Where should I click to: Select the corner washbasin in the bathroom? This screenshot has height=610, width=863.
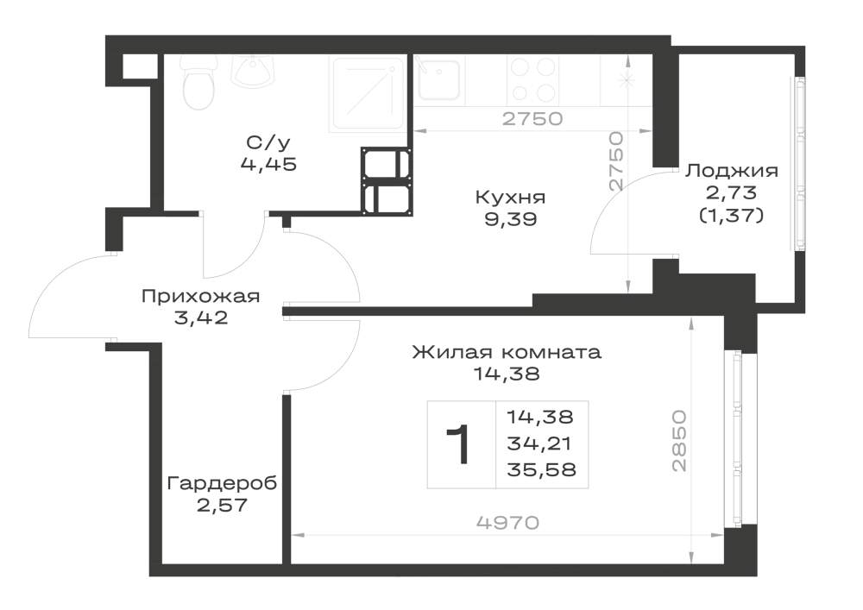click(253, 71)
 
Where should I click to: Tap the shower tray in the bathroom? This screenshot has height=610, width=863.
click(368, 93)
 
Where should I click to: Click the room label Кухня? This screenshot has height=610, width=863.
click(510, 197)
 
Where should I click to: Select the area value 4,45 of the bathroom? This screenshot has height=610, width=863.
click(268, 164)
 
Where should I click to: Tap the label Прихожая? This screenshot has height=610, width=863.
click(200, 297)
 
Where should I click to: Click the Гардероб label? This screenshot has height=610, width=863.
click(223, 483)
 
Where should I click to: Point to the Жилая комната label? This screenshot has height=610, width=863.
click(507, 351)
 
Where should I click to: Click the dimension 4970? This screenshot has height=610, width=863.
click(507, 523)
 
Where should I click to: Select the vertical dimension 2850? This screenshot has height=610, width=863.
click(680, 441)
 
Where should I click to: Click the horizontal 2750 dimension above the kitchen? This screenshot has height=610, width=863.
click(532, 119)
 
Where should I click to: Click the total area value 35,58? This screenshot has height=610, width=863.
click(541, 469)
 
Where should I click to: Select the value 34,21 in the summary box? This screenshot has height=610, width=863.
click(540, 443)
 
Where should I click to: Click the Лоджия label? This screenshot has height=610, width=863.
click(732, 171)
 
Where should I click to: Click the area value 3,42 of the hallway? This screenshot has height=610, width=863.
click(201, 318)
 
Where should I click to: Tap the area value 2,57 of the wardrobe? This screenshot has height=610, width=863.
click(223, 505)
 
